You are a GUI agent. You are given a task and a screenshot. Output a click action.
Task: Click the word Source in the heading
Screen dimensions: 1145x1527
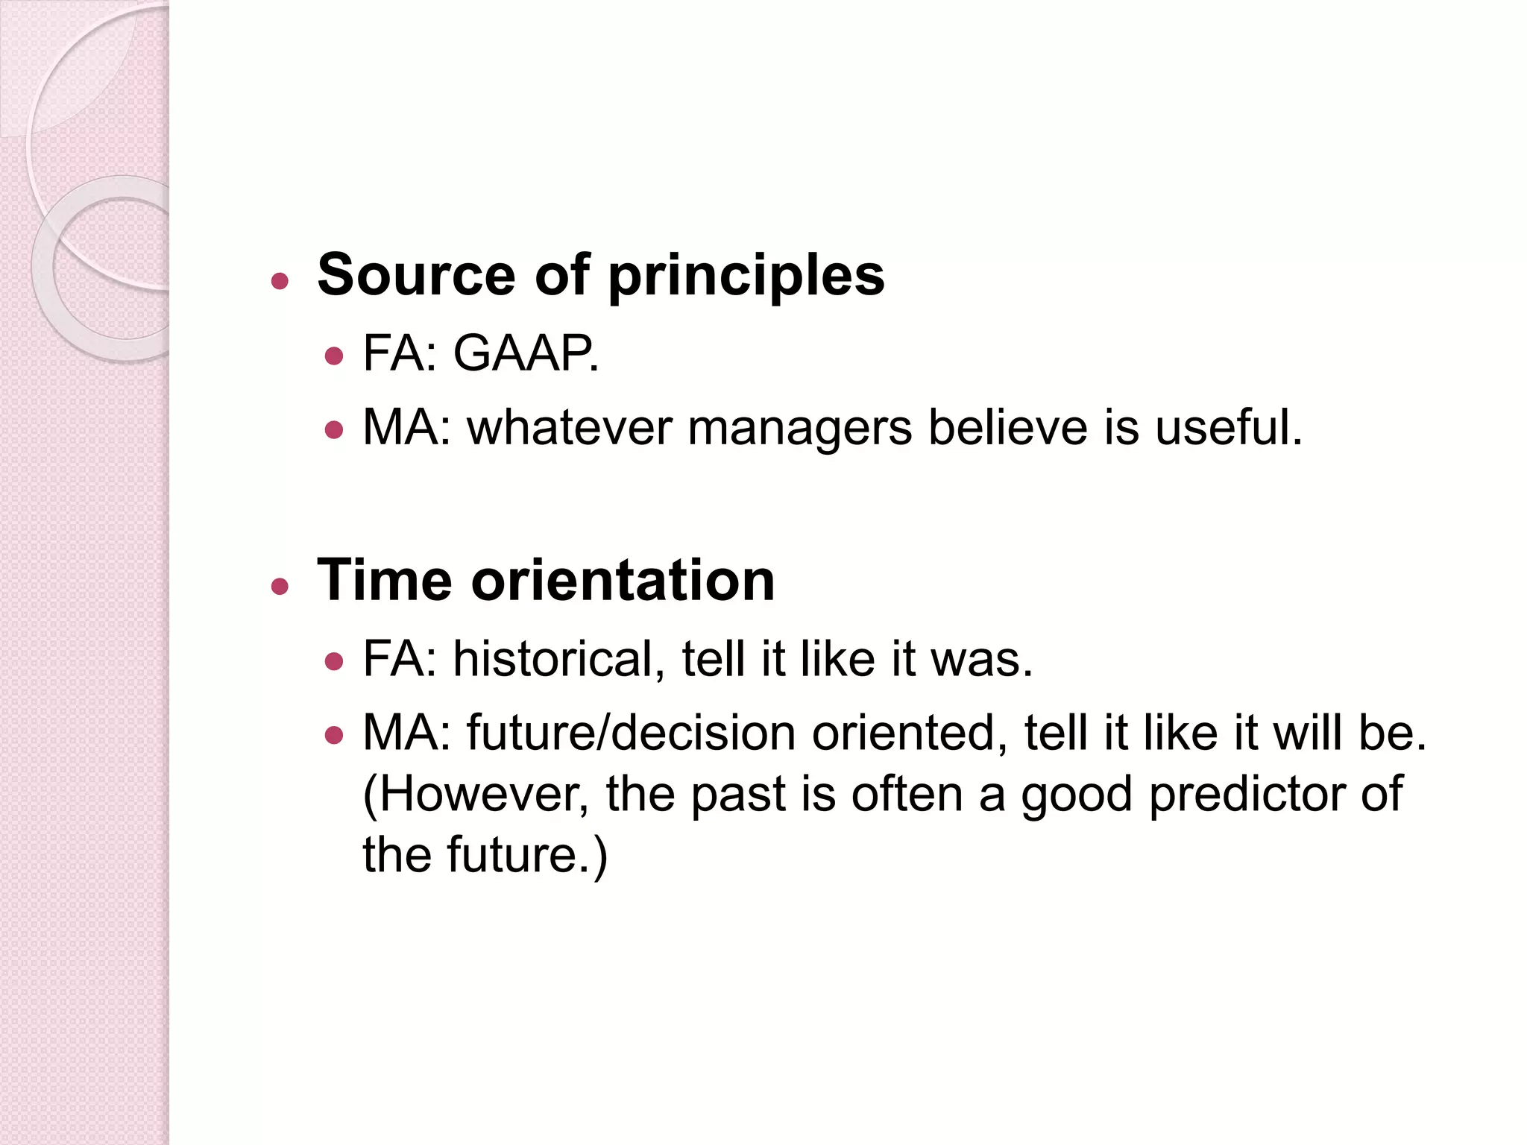pos(416,275)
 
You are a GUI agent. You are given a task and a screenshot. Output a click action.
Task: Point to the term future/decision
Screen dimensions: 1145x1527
pos(631,734)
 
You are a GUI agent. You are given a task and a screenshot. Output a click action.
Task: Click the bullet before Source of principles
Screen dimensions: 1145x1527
pos(280,282)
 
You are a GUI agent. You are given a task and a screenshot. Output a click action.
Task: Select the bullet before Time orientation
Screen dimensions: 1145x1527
pos(280,587)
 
